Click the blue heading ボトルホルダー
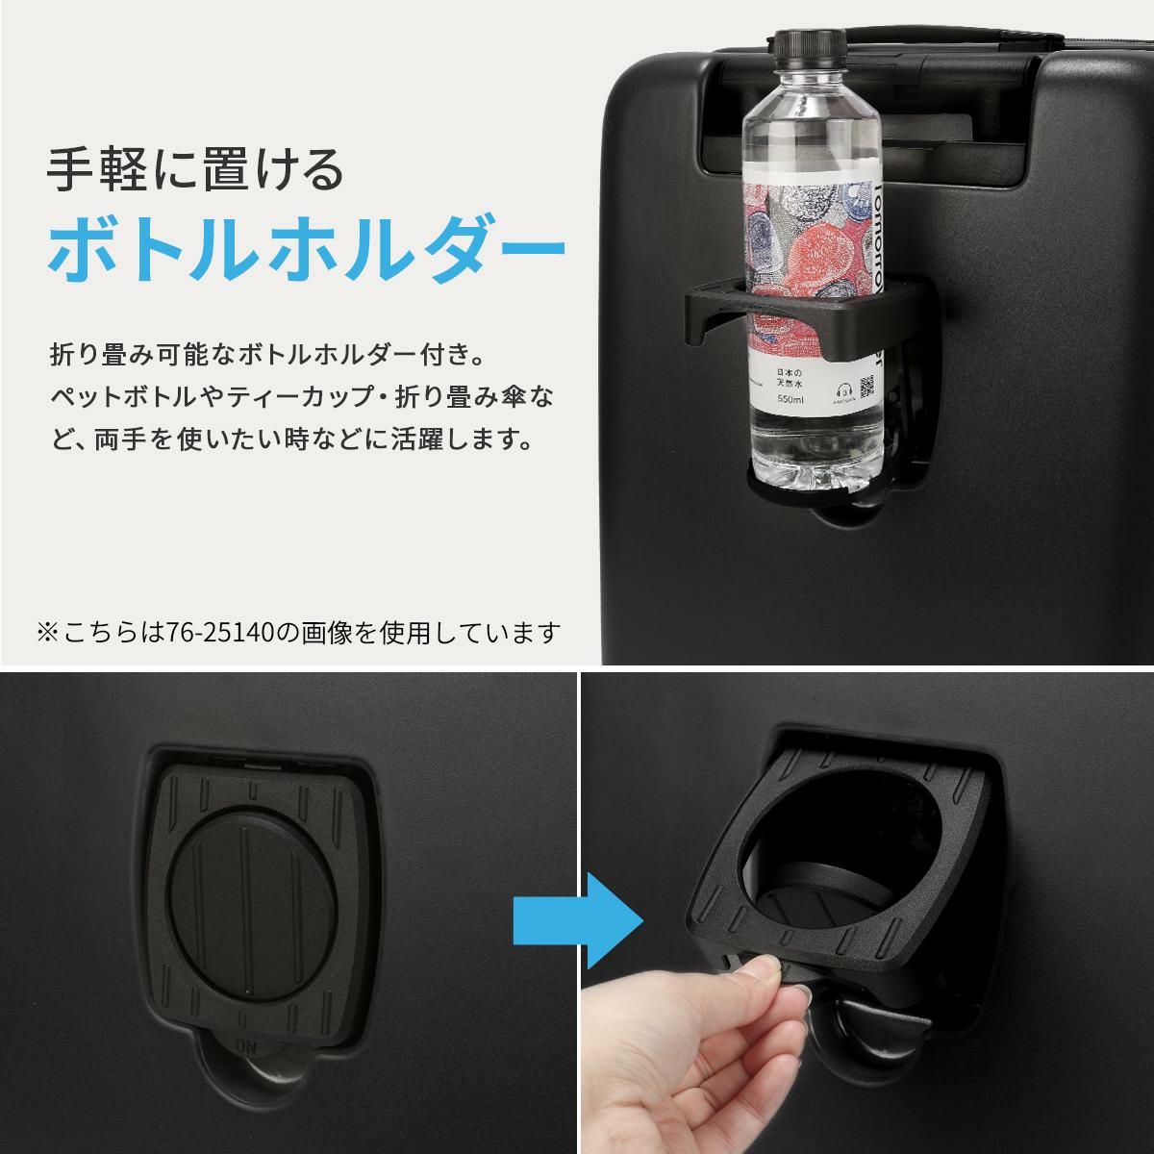306,248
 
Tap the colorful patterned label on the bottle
808,240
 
